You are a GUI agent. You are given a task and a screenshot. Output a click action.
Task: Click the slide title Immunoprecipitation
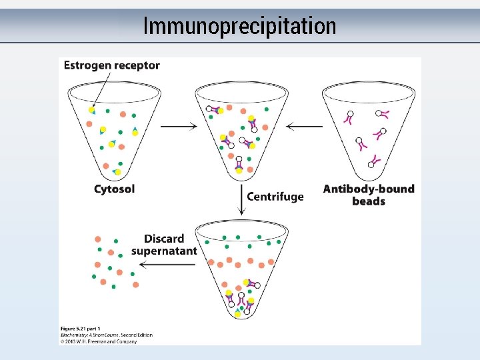tap(239, 26)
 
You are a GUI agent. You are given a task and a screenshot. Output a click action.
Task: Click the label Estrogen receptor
tap(111, 65)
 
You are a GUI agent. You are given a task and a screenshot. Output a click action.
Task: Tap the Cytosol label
tap(114, 189)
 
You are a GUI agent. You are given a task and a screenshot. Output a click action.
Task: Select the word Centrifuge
tap(275, 197)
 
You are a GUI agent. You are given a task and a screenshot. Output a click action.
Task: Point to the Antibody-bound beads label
tap(368, 195)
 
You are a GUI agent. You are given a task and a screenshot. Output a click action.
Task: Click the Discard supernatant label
tap(164, 245)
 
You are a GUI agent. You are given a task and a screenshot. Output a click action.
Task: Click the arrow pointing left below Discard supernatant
tap(163, 264)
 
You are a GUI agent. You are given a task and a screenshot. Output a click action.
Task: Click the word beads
tap(369, 201)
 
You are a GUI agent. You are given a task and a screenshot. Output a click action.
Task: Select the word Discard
tap(164, 239)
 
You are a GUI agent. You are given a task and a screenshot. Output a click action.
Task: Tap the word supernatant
tap(164, 251)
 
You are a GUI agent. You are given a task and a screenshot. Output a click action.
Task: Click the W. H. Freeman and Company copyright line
tap(98, 341)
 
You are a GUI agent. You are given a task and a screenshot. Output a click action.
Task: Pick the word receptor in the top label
tap(137, 65)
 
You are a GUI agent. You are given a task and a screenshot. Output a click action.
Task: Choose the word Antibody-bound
tap(368, 189)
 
